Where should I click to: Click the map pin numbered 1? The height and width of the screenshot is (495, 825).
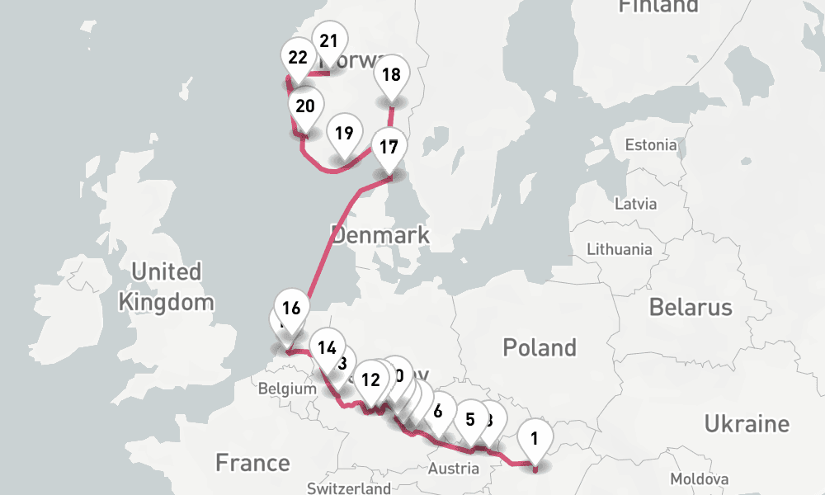pyautogui.click(x=535, y=438)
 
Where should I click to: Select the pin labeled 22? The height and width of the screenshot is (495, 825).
pyautogui.click(x=299, y=58)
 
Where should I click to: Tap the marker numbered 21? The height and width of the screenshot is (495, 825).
pyautogui.click(x=329, y=40)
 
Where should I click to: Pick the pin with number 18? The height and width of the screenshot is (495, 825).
pyautogui.click(x=391, y=75)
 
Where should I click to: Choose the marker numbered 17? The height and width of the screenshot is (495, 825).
pyautogui.click(x=389, y=148)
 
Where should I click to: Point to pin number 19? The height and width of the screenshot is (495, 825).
pyautogui.click(x=345, y=133)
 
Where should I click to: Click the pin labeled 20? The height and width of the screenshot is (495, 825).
pyautogui.click(x=305, y=106)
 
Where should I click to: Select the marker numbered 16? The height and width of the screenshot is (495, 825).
pyautogui.click(x=290, y=309)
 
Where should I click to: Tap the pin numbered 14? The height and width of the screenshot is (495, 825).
pyautogui.click(x=328, y=346)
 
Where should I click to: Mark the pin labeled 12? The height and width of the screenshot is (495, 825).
pyautogui.click(x=371, y=379)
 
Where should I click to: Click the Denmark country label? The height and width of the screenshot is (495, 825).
pyautogui.click(x=380, y=235)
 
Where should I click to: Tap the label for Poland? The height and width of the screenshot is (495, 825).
pyautogui.click(x=540, y=347)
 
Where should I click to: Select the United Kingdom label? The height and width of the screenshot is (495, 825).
pyautogui.click(x=166, y=286)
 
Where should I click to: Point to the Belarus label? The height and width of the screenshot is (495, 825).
pyautogui.click(x=691, y=308)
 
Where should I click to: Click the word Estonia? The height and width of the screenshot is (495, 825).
pyautogui.click(x=650, y=145)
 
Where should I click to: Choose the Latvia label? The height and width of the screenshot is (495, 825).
pyautogui.click(x=636, y=203)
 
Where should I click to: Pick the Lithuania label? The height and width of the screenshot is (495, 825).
pyautogui.click(x=619, y=249)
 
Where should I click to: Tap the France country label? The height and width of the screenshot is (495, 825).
pyautogui.click(x=252, y=462)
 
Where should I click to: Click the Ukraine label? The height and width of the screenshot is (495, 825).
pyautogui.click(x=746, y=424)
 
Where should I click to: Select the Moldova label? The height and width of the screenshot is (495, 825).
pyautogui.click(x=699, y=479)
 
